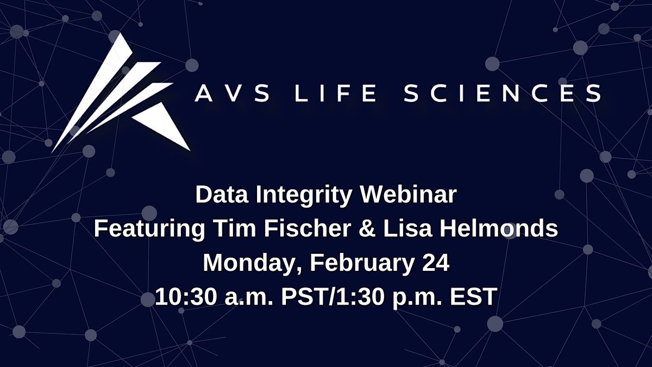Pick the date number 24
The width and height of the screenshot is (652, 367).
pyautogui.click(x=435, y=263)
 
